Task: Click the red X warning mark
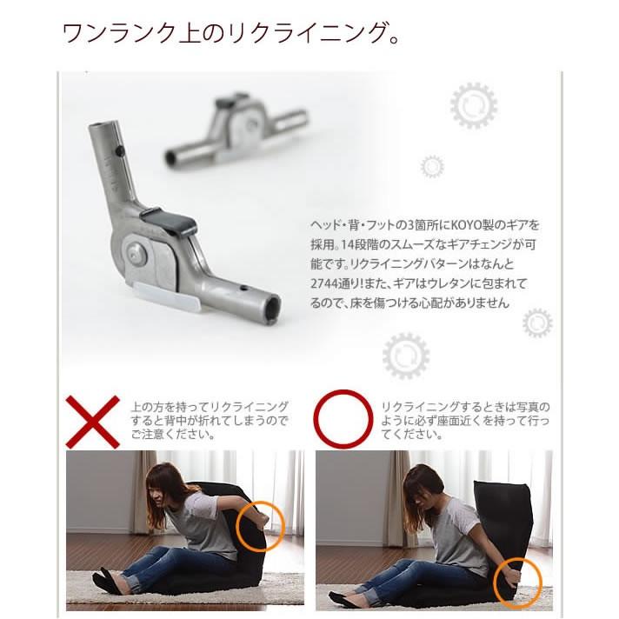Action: [x=93, y=421]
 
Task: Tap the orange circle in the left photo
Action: [x=258, y=526]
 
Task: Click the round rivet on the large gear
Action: [x=136, y=253]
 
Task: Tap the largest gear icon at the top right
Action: [x=474, y=106]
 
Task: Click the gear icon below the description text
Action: [x=406, y=355]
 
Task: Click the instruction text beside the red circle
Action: [x=465, y=420]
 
